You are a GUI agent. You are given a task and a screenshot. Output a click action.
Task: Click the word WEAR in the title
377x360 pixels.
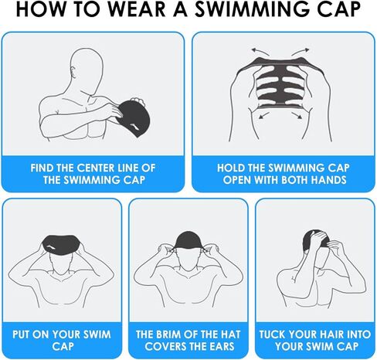pyautogui.click(x=137, y=9)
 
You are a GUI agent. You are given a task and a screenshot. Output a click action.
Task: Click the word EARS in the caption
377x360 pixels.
pyautogui.click(x=221, y=346)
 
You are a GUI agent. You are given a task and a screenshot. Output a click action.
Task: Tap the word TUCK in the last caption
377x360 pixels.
pyautogui.click(x=272, y=335)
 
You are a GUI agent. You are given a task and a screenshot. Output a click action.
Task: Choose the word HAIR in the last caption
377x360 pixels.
pyautogui.click(x=331, y=335)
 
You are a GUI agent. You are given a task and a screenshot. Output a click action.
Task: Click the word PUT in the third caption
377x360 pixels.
pyautogui.click(x=21, y=335)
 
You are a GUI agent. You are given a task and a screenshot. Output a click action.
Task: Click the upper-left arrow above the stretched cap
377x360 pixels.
pyautogui.click(x=260, y=52)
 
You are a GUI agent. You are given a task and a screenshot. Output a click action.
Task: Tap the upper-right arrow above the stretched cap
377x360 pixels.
pyautogui.click(x=301, y=52)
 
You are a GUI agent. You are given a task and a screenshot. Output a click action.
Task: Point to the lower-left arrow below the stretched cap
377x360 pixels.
pyautogui.click(x=264, y=115)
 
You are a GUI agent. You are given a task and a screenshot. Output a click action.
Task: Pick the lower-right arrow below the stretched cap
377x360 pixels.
pyautogui.click(x=297, y=115)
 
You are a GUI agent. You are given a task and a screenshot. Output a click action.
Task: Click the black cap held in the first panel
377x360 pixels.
pyautogui.click(x=134, y=118)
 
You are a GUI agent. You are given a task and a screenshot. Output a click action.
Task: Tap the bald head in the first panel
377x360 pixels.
pyautogui.click(x=87, y=68)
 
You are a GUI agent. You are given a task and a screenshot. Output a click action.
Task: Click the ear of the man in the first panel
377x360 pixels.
pyautogui.click(x=74, y=72)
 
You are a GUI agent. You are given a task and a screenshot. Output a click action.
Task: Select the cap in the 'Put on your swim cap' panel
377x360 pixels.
pyautogui.click(x=60, y=244)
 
